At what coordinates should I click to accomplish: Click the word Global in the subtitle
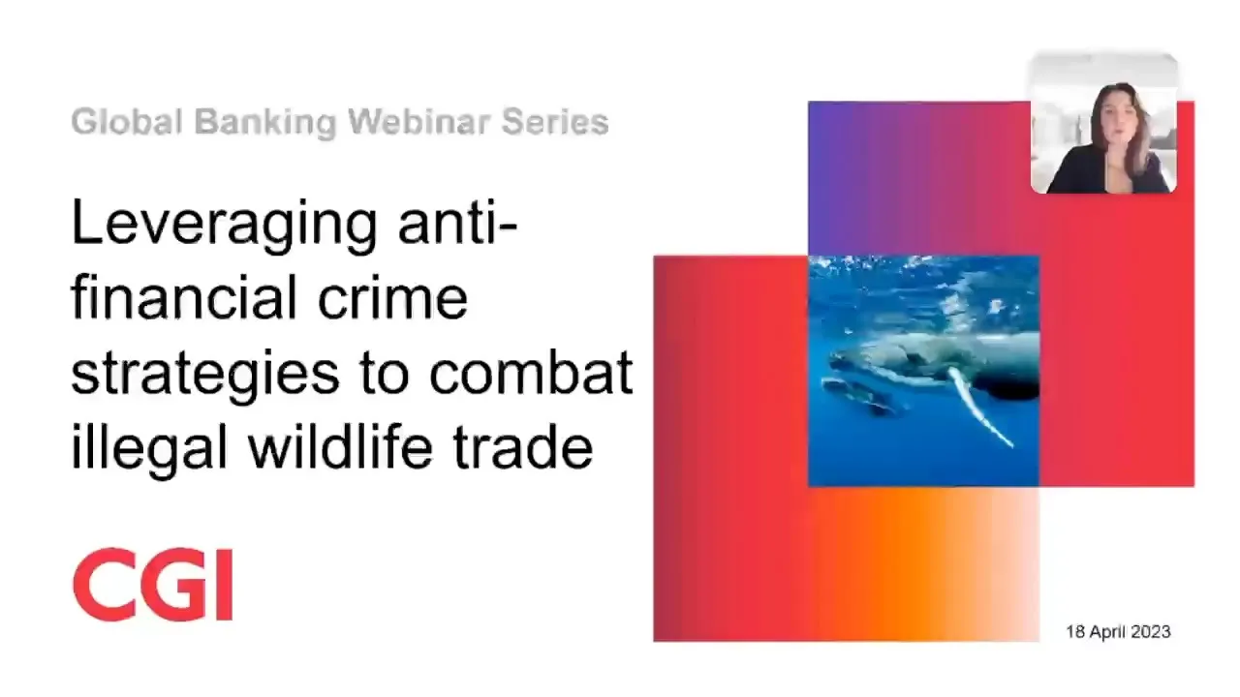127,121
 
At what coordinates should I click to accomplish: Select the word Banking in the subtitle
265,123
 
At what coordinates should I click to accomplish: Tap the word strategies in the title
205,374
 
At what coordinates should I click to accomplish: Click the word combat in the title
531,371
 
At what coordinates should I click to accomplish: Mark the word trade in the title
523,446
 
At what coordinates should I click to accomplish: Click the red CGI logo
153,585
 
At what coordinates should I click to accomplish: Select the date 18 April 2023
1118,632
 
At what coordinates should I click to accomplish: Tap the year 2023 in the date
1151,632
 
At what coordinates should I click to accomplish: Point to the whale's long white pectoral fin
978,408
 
